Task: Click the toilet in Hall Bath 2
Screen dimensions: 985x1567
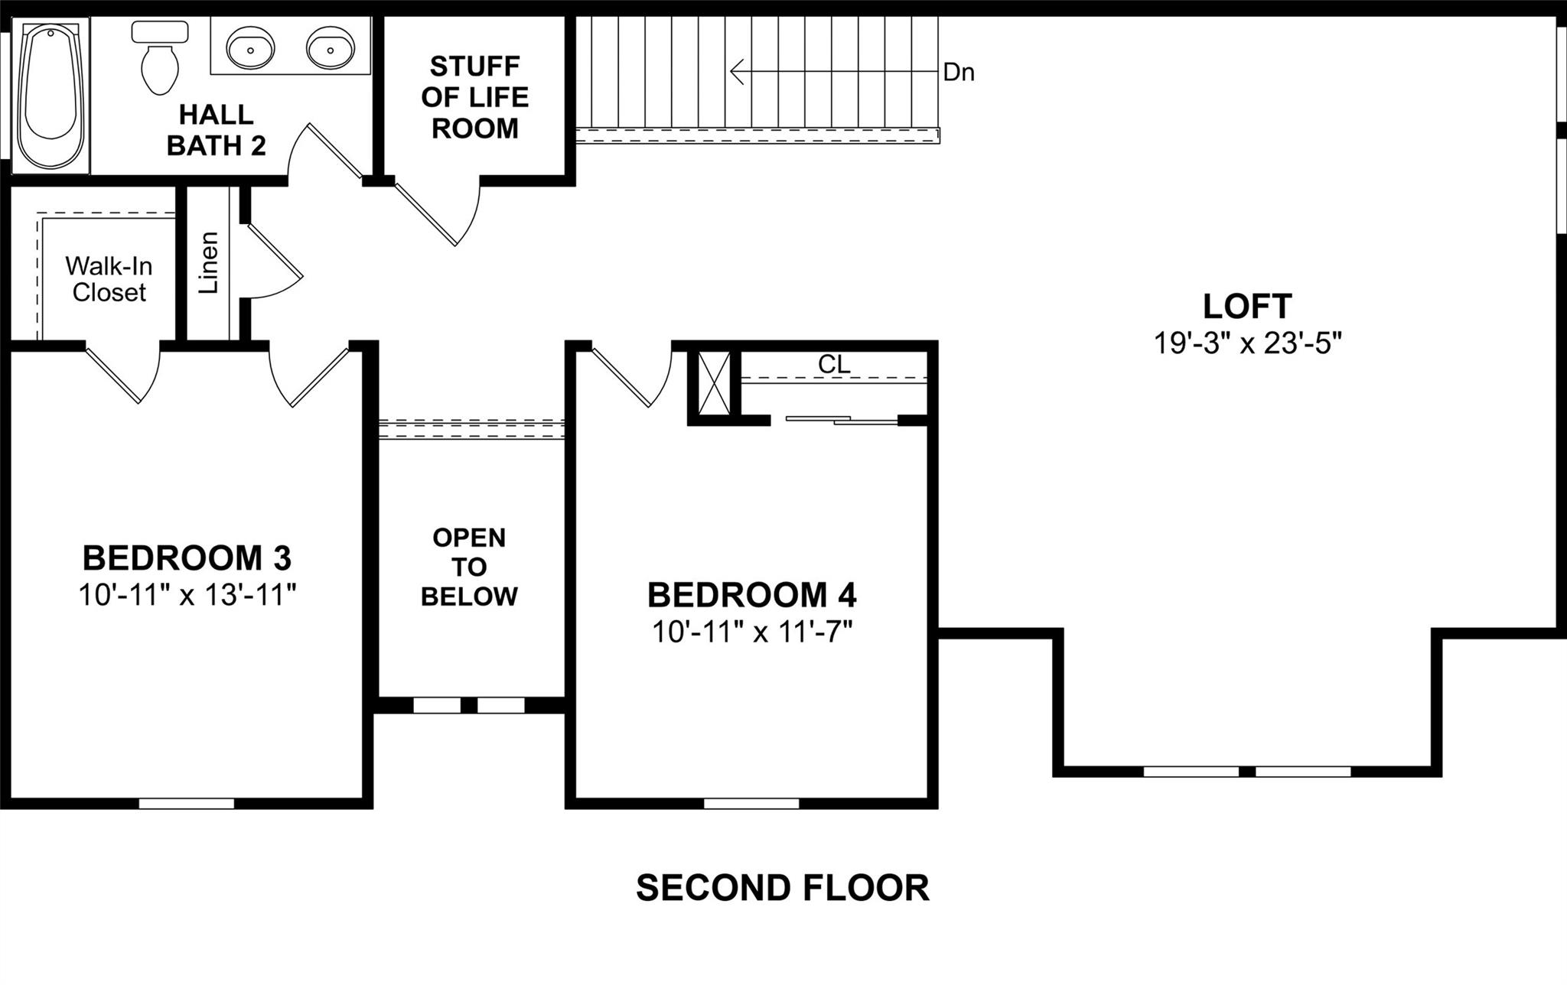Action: [x=160, y=61]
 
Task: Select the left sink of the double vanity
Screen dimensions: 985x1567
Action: [x=250, y=47]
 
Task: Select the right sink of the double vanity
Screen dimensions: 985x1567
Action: [x=331, y=47]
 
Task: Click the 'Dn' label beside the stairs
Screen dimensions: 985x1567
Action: [x=959, y=73]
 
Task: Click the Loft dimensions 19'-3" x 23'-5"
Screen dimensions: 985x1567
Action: [x=1247, y=343]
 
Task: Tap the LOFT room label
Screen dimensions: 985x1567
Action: [x=1247, y=306]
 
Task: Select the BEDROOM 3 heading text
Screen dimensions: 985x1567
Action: [x=187, y=558]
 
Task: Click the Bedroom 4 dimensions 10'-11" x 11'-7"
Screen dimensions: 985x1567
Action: [x=752, y=632]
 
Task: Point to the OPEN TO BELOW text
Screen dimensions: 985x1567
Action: [x=469, y=567]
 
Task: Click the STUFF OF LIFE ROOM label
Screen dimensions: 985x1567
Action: [x=474, y=97]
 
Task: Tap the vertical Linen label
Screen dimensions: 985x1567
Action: [x=208, y=262]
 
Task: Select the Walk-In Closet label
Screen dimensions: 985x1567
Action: [x=109, y=279]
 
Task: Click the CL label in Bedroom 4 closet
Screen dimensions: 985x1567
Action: [x=834, y=365]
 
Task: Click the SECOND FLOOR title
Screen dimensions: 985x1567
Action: [x=782, y=888]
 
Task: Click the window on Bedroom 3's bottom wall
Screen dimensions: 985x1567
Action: [x=186, y=803]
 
